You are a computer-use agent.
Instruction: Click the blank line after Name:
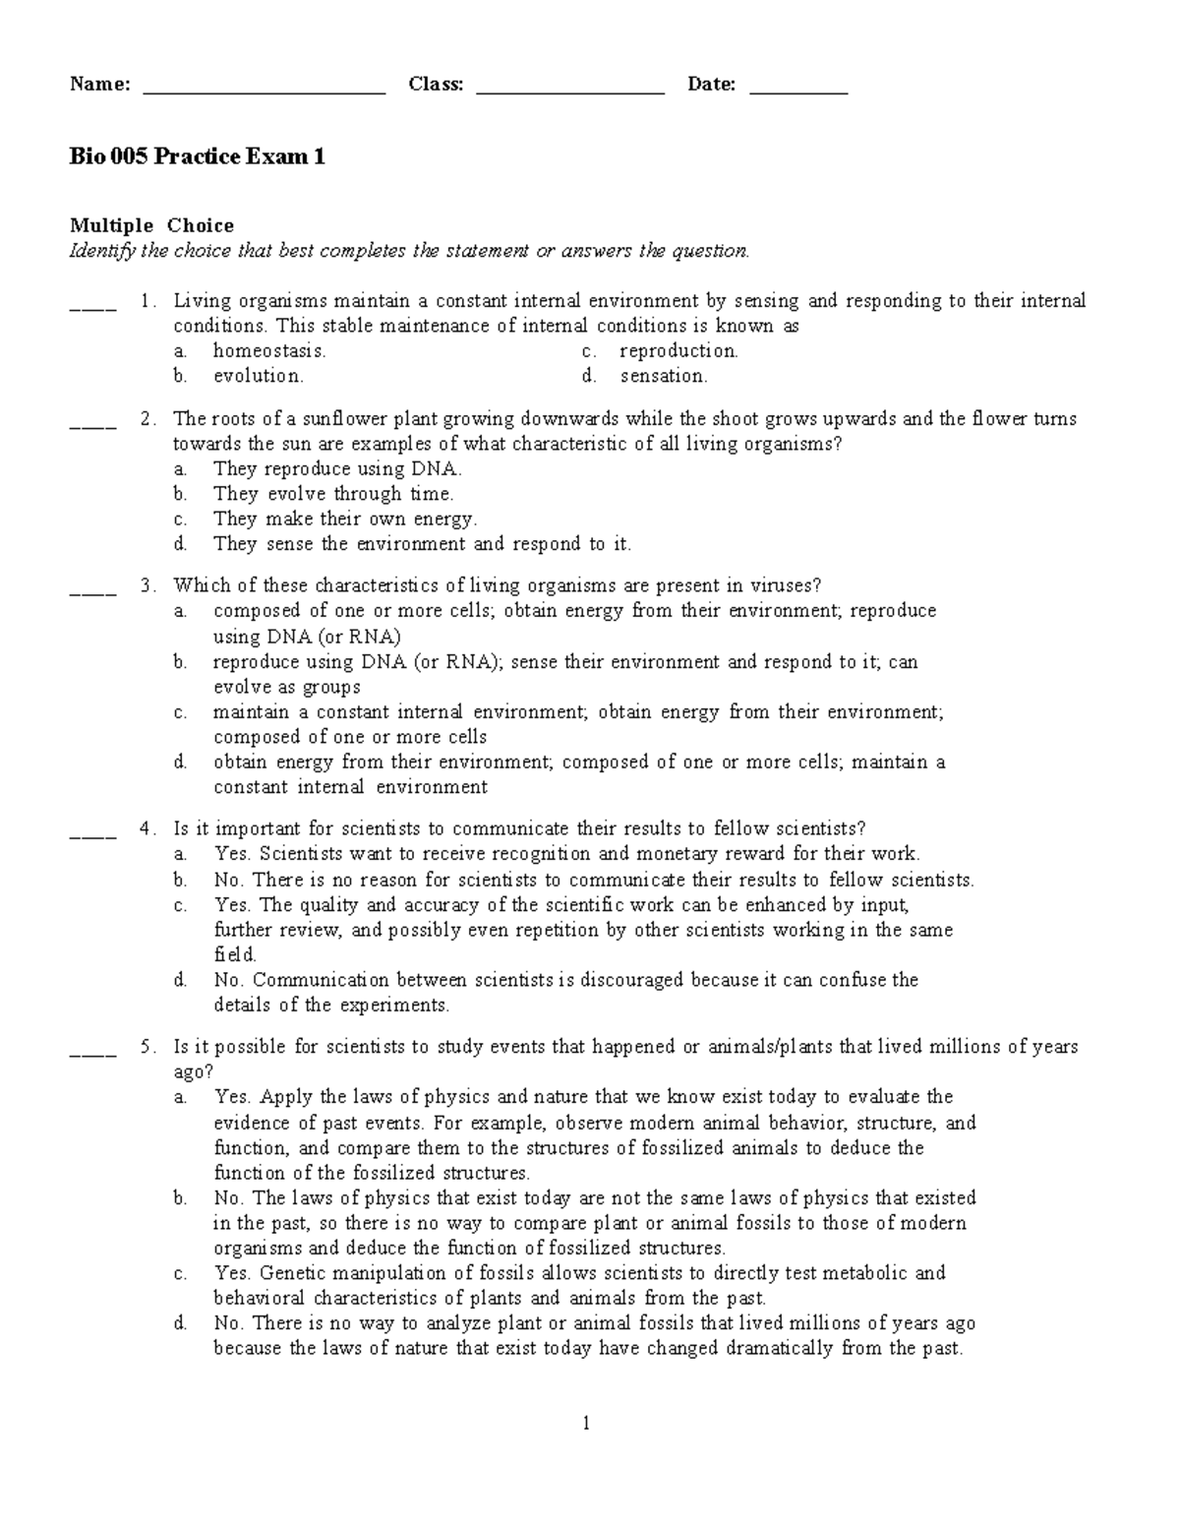coord(264,92)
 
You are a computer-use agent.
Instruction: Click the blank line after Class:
coord(570,92)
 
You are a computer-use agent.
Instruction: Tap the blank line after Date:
coord(798,92)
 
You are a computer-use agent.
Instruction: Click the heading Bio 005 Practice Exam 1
coord(197,157)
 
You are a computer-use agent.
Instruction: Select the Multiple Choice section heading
coord(151,226)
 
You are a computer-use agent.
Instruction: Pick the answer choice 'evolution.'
coord(259,376)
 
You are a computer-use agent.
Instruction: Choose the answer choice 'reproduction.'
coord(678,351)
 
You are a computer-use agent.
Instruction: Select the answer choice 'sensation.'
coord(664,376)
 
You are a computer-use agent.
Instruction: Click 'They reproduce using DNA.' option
coord(337,469)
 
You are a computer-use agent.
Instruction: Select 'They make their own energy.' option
coord(345,520)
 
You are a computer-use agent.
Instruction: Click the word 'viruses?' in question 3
coord(785,586)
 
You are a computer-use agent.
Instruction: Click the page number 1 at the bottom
coord(586,1424)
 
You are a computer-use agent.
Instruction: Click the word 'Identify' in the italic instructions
coord(101,252)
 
